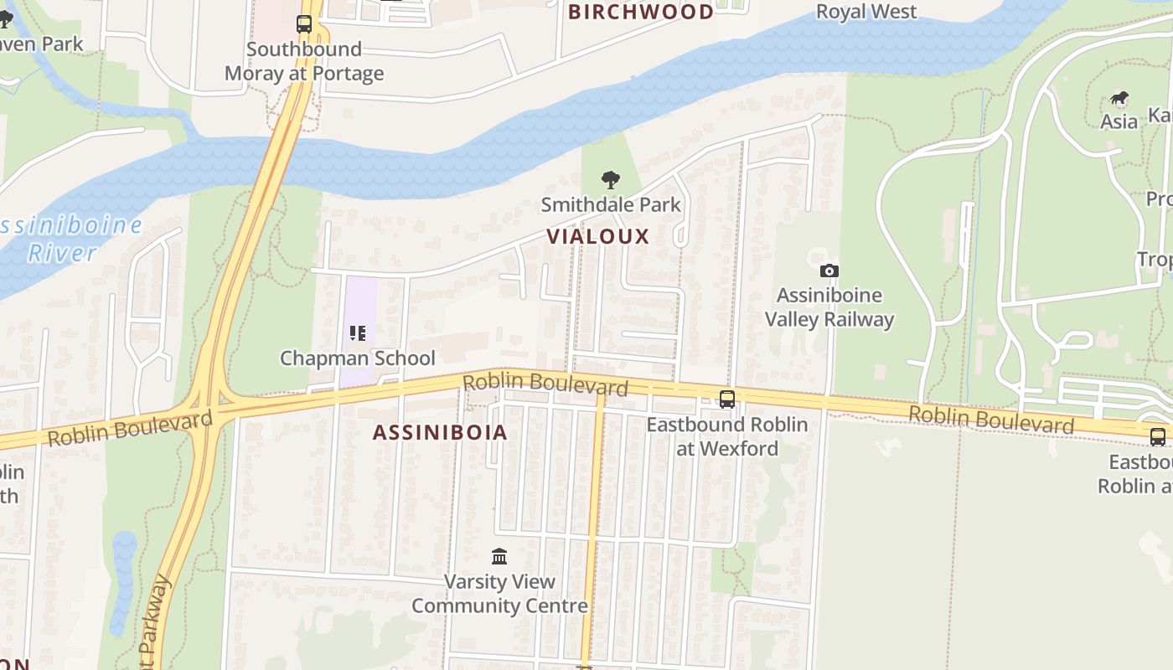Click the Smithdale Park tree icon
click(x=611, y=178)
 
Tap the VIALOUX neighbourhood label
click(x=598, y=236)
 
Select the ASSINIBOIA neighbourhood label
click(x=440, y=432)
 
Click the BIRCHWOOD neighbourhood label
click(x=641, y=12)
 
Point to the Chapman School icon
click(x=358, y=333)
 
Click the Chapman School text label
click(x=358, y=358)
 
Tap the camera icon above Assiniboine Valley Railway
click(x=829, y=271)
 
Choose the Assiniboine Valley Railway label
click(x=829, y=307)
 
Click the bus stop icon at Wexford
click(x=727, y=399)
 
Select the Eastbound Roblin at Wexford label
click(x=727, y=436)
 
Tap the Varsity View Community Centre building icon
click(x=499, y=556)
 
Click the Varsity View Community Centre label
click(x=499, y=593)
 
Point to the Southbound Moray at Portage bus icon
click(x=304, y=24)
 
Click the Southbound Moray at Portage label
click(x=304, y=61)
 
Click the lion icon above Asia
click(x=1119, y=99)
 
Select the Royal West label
click(x=866, y=12)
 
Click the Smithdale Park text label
click(x=611, y=204)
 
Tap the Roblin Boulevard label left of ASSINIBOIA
click(x=129, y=428)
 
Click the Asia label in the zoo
click(x=1119, y=122)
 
